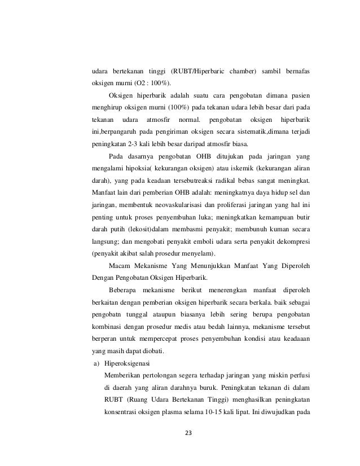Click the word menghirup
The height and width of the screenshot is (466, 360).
tap(111, 105)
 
